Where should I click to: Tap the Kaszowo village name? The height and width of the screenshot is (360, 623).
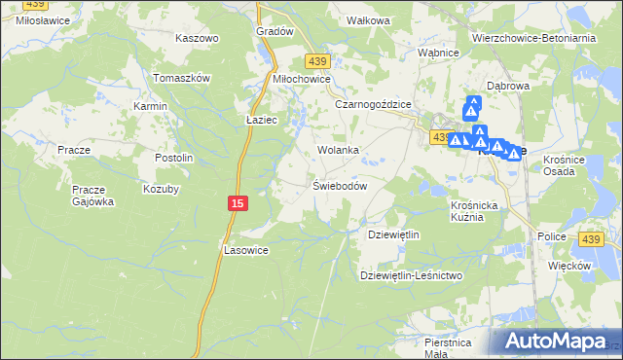(x=197, y=38)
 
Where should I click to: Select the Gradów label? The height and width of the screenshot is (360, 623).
(x=275, y=31)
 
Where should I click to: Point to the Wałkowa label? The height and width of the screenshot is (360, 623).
(x=369, y=19)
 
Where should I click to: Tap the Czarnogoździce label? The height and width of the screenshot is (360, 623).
(x=374, y=103)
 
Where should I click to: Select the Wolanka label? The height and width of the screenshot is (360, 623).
(x=338, y=151)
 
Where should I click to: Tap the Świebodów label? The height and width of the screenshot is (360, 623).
(x=339, y=186)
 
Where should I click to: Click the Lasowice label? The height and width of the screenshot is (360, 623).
(x=245, y=249)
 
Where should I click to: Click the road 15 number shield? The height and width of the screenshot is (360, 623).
(x=238, y=202)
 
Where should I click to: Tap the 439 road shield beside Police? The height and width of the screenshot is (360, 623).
(x=591, y=239)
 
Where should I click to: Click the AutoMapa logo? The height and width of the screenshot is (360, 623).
(x=556, y=342)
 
